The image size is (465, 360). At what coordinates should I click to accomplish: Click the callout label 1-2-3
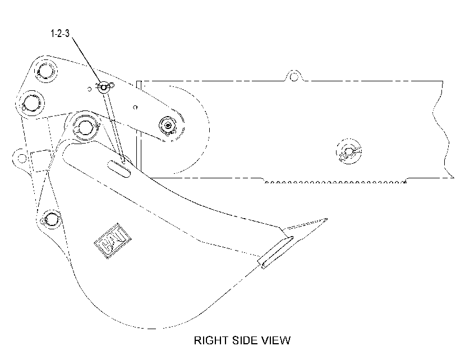coord(60,33)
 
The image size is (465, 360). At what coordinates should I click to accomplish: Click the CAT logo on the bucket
coord(113,241)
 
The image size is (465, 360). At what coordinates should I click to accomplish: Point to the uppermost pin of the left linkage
coord(45,71)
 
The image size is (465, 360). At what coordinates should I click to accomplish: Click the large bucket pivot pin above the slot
coord(85,127)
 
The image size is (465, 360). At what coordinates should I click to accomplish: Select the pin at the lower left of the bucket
coord(52,219)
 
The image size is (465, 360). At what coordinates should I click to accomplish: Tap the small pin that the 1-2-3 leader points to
coord(104,87)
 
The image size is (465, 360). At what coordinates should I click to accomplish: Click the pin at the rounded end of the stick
coord(168,126)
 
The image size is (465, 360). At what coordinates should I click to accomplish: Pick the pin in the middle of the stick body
coord(349,151)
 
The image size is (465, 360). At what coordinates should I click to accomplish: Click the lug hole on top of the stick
coord(294,77)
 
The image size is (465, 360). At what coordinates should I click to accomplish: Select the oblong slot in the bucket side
coord(119,169)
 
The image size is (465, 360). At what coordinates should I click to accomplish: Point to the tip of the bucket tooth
coord(327,219)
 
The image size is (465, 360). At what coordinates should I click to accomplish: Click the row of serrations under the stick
coord(335,182)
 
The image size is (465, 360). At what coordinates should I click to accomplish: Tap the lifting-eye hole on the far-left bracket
coord(22,158)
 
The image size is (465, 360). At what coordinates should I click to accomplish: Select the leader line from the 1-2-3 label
coord(86,61)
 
